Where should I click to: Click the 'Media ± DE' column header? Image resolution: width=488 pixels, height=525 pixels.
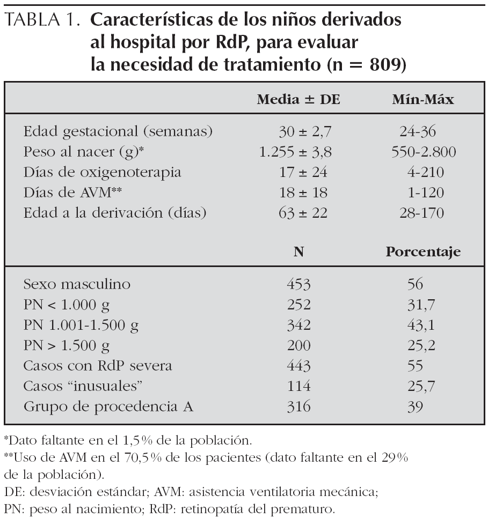click(x=298, y=100)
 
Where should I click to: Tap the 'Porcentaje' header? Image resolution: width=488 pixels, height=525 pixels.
click(x=423, y=253)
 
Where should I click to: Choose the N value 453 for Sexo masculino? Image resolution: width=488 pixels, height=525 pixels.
click(x=298, y=284)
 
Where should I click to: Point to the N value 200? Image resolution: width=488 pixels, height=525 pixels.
click(x=298, y=345)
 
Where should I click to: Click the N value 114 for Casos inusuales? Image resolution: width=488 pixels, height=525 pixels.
click(x=298, y=386)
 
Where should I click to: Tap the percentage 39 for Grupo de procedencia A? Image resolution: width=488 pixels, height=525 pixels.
click(x=414, y=406)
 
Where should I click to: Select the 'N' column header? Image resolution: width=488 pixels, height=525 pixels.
click(x=298, y=253)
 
